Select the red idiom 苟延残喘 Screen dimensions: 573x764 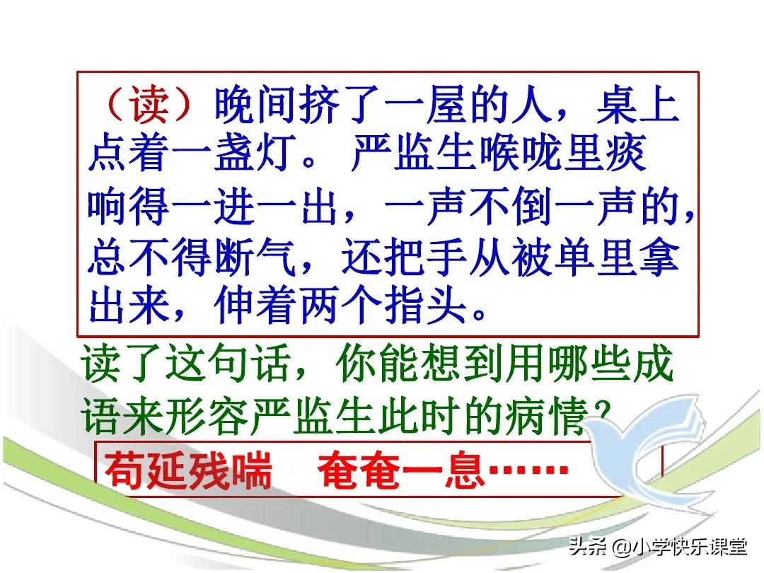(x=189, y=470)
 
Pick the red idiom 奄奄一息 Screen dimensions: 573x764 (x=400, y=470)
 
